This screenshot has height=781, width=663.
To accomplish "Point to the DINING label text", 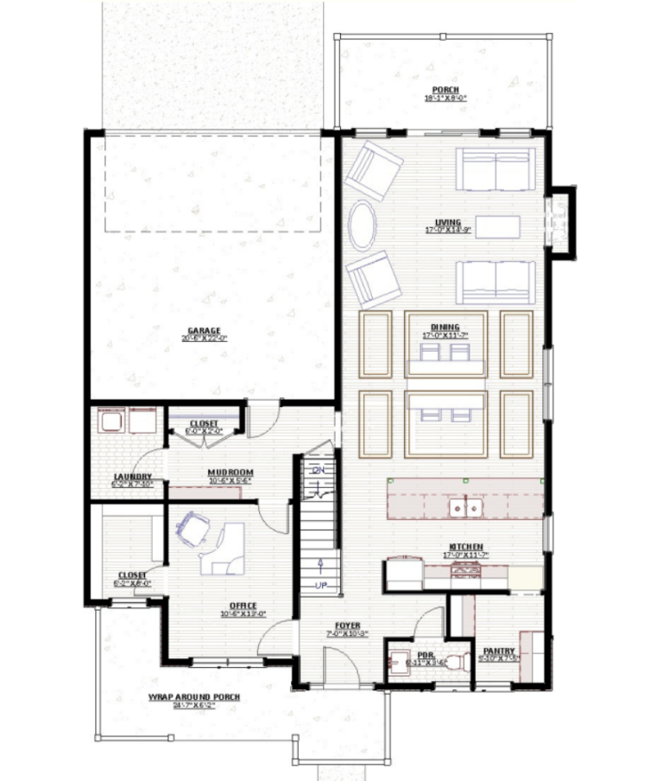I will click(x=445, y=327).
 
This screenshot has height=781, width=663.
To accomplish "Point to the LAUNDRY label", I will click(x=132, y=477).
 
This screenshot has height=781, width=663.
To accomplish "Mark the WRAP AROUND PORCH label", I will click(x=193, y=697).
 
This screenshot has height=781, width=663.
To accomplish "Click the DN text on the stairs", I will click(x=317, y=471).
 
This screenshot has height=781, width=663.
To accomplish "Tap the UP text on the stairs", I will click(x=320, y=586).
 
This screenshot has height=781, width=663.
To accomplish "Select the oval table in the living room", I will click(x=363, y=225).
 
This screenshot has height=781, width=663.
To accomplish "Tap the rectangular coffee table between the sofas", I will click(x=498, y=226).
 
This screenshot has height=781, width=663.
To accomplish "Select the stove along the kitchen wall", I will click(x=465, y=571).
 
